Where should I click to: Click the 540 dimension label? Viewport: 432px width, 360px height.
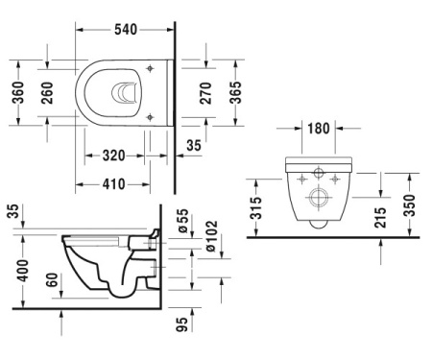click(126, 30)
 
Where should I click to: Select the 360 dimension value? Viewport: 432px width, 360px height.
click(18, 92)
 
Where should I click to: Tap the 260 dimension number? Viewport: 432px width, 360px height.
click(47, 93)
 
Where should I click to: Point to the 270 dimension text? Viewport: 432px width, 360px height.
click(205, 93)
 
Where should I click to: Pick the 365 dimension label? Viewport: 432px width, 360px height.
click(235, 92)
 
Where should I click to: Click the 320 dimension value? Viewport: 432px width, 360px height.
click(113, 156)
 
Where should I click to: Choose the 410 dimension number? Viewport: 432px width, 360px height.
click(113, 184)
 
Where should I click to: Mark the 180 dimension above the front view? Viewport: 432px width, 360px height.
click(319, 129)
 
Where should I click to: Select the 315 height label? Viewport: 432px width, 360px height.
click(256, 208)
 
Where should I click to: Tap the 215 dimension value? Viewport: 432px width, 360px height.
click(381, 218)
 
